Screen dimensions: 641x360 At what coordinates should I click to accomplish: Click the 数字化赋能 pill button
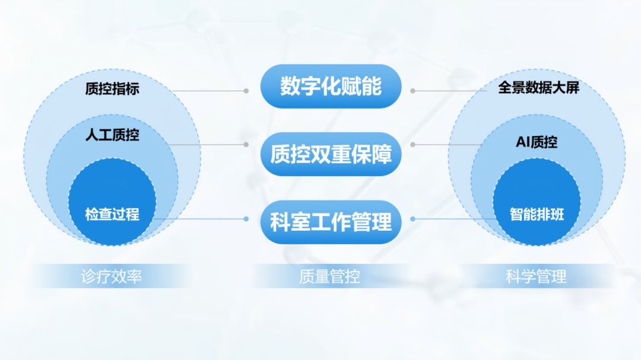point(331,86)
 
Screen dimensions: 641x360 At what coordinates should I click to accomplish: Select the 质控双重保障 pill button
point(331,154)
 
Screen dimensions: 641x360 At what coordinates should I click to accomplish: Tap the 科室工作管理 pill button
point(331,222)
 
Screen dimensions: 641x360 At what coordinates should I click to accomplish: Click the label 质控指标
point(112,89)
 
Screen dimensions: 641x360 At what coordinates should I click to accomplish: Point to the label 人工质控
point(112,135)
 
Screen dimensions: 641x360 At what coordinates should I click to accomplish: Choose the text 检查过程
point(112,214)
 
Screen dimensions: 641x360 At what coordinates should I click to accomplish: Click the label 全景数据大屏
point(538,87)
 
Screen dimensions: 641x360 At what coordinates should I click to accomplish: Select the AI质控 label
point(537,142)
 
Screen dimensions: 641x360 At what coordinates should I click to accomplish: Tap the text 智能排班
point(537,214)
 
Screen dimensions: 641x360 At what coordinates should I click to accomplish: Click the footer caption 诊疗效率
point(111,276)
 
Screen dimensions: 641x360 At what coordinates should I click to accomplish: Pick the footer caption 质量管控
point(329,276)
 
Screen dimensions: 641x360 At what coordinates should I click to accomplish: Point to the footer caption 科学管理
point(536,276)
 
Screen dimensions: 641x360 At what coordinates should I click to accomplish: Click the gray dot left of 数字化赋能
point(246,91)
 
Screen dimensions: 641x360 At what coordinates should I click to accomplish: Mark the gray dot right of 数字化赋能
point(413,91)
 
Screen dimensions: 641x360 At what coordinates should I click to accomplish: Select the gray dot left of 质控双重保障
point(246,145)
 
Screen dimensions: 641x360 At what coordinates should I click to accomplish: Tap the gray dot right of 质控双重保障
point(413,145)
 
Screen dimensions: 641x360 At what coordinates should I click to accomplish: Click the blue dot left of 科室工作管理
point(246,219)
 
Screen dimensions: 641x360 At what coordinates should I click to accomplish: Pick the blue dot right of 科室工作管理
point(413,219)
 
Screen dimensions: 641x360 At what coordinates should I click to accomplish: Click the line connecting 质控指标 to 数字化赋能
point(208,91)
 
